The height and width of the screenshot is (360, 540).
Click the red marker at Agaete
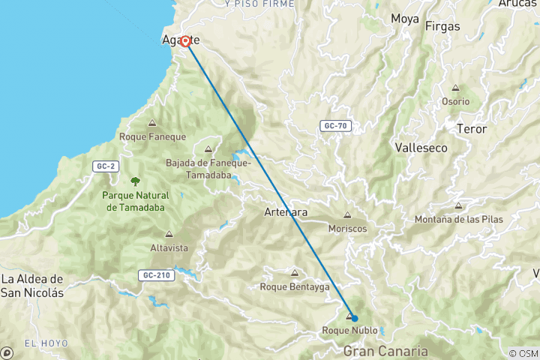(x=184, y=41)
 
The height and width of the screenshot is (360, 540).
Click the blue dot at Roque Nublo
(x=354, y=318)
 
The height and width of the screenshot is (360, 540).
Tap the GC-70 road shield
(x=335, y=126)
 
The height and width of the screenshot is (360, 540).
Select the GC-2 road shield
(x=104, y=166)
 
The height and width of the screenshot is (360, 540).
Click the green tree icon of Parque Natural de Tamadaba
(x=136, y=181)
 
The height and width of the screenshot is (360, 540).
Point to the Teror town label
(x=472, y=129)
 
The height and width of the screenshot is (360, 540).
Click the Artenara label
(x=286, y=212)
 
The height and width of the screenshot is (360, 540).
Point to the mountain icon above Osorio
(x=455, y=88)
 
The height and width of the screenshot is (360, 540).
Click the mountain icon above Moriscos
(x=347, y=215)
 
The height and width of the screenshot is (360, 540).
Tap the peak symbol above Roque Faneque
(x=152, y=124)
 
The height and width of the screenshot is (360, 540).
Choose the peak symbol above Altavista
(x=169, y=234)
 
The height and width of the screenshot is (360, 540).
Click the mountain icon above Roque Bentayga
(x=294, y=273)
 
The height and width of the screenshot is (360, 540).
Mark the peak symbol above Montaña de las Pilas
(x=458, y=205)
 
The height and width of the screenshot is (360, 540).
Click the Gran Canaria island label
(x=385, y=350)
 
